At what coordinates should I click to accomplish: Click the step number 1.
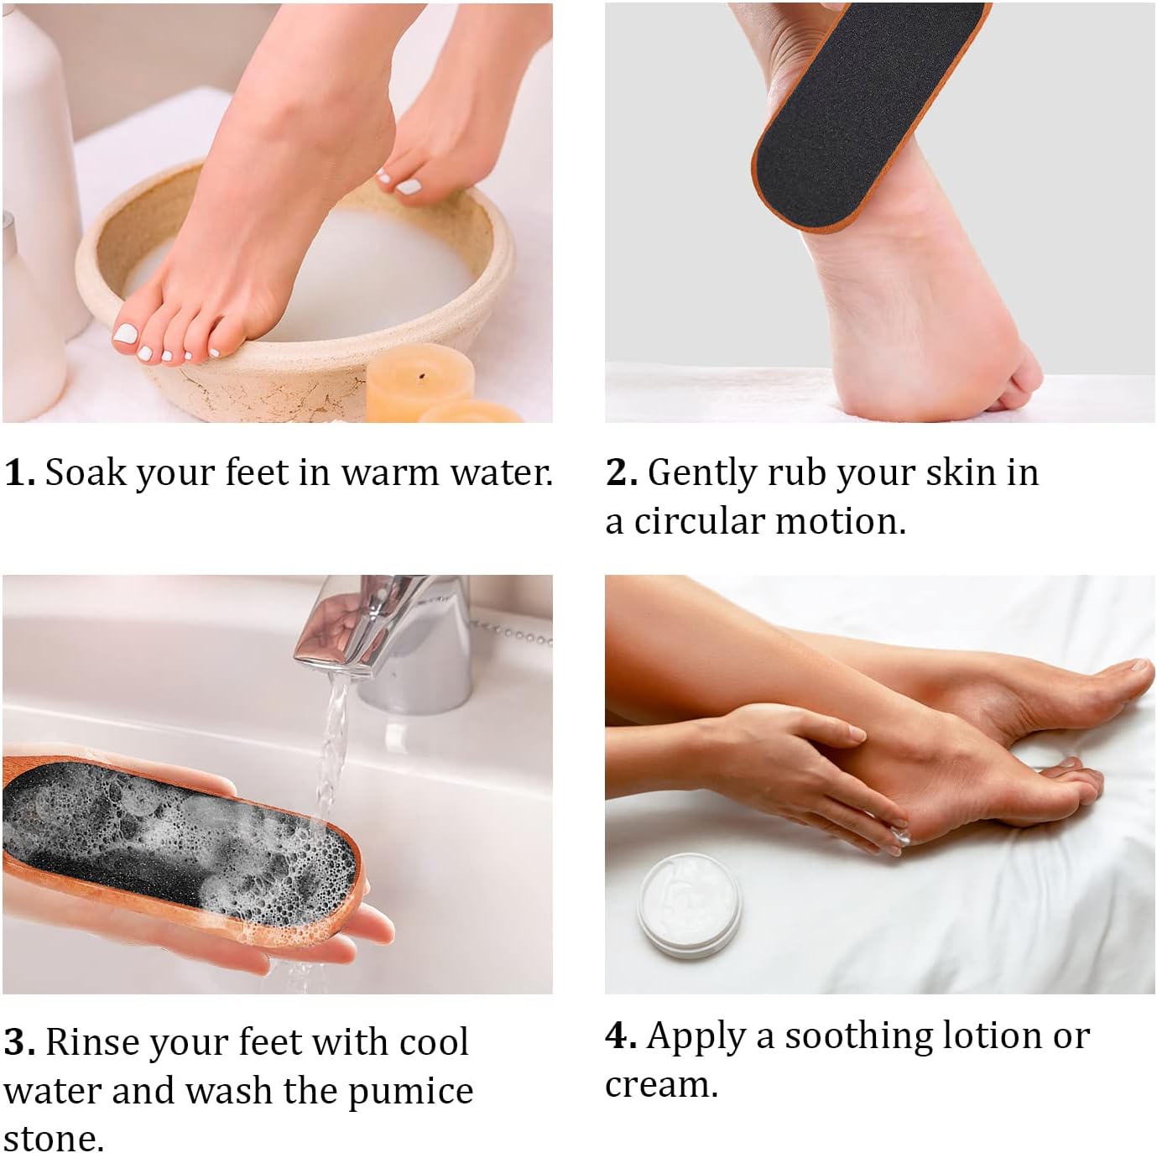pos(18,472)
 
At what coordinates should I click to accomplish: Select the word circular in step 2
pos(698,522)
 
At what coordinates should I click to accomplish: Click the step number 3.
pos(18,1042)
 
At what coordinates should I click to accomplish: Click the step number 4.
pos(619,1036)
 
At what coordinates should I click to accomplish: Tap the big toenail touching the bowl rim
pos(125,334)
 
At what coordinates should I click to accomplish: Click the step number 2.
pos(620,472)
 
